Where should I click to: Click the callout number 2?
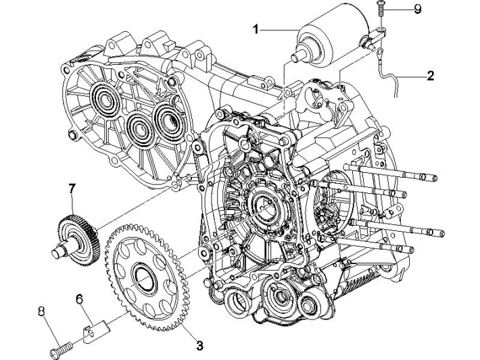click(x=430, y=76)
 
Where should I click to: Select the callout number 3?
click(x=199, y=346)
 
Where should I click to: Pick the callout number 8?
click(x=42, y=311)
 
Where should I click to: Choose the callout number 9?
click(x=417, y=9)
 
